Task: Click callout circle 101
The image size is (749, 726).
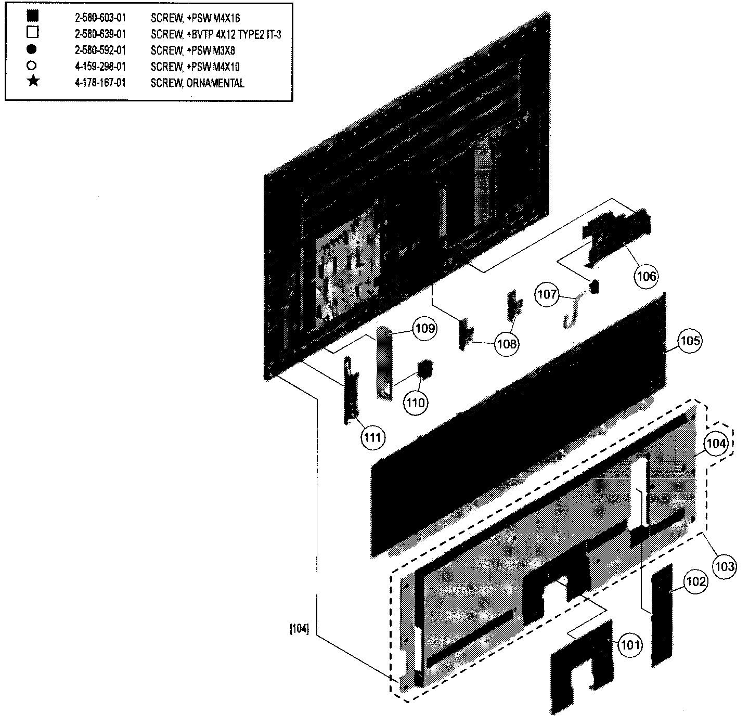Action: tap(630, 644)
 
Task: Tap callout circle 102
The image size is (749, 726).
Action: tap(695, 581)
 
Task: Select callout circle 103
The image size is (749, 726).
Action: tap(725, 566)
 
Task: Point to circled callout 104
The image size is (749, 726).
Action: tap(716, 444)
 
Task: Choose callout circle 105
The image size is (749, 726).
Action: tap(690, 341)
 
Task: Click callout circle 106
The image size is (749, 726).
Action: tap(646, 276)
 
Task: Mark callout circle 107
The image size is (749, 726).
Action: tap(547, 295)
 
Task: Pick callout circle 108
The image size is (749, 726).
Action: tap(507, 344)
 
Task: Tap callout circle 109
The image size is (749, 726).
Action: tap(425, 328)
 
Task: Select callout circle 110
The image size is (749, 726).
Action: tap(415, 403)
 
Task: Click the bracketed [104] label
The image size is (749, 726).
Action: tap(300, 629)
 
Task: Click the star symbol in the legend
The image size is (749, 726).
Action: tap(33, 81)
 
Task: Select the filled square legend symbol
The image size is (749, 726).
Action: tap(33, 16)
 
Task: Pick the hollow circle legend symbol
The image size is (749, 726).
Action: tap(32, 66)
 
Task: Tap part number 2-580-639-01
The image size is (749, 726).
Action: tap(100, 34)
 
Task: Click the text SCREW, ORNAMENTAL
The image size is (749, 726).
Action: tap(198, 83)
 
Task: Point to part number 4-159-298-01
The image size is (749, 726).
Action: tap(100, 67)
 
